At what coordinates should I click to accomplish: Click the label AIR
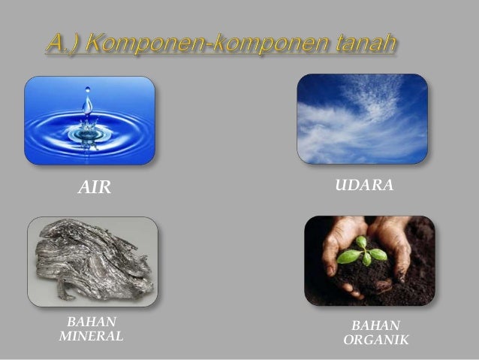click(95, 188)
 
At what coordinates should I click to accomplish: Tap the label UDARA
click(364, 185)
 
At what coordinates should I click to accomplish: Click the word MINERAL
click(91, 336)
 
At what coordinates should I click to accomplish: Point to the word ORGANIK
click(375, 340)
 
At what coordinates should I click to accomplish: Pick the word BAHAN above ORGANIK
click(376, 325)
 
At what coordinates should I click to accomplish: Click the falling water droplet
click(88, 101)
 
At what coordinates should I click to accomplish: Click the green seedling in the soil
click(362, 253)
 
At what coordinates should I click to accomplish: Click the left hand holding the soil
click(336, 248)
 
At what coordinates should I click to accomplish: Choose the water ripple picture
click(89, 120)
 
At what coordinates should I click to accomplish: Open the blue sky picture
click(362, 119)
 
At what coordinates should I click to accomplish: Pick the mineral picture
click(92, 261)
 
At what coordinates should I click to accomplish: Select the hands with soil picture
click(369, 260)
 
